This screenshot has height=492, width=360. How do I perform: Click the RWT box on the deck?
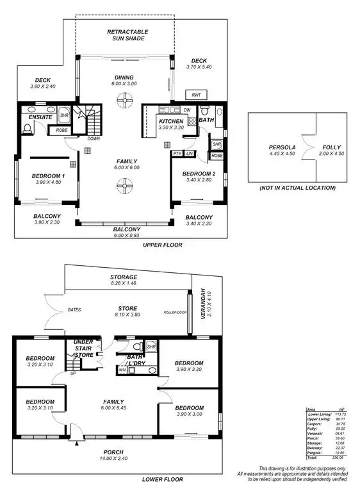[x=196, y=94]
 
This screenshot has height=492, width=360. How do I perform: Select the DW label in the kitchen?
[x=186, y=110]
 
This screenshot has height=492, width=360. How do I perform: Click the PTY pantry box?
[x=177, y=153]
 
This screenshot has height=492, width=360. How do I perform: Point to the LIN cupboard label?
[x=190, y=153]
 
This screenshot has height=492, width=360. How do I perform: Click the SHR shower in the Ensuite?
[x=64, y=116]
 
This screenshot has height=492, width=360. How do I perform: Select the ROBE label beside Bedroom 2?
[x=217, y=155]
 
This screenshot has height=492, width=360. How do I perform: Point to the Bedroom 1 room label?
[x=47, y=176]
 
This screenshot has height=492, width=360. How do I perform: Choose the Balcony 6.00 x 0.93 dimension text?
[x=125, y=235]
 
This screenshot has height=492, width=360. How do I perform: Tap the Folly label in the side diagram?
[x=331, y=147]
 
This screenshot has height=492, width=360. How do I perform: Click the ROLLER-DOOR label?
[x=175, y=314]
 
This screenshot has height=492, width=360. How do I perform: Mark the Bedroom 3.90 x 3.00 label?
[x=189, y=411]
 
